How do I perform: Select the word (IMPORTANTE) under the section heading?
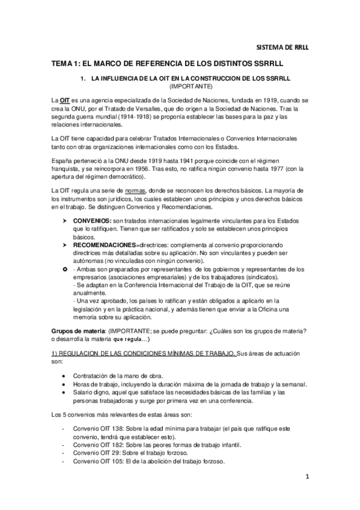(189, 87)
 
